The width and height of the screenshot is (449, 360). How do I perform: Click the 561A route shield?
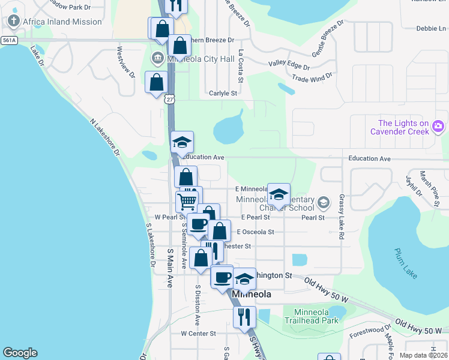[8, 40]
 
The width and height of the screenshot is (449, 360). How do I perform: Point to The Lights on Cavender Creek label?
[399, 127]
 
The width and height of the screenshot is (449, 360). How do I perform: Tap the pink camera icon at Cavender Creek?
[438, 125]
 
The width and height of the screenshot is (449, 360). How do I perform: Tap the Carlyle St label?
[223, 94]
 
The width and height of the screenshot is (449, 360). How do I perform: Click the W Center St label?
[198, 333]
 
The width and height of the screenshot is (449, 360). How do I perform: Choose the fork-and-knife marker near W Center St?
[244, 316]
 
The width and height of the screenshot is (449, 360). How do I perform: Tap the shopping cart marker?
[187, 202]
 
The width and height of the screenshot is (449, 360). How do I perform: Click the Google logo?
[20, 353]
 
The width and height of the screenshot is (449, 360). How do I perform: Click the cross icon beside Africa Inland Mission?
[14, 22]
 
